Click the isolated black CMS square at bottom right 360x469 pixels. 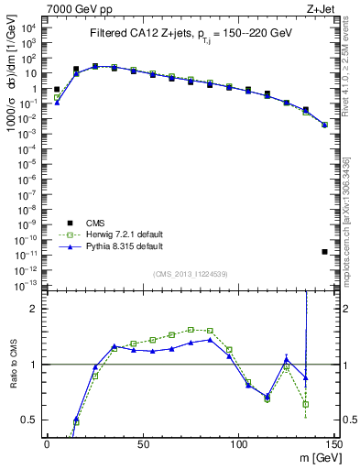coord(325,252)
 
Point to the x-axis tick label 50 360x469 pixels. coord(142,444)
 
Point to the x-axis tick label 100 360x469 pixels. coord(238,444)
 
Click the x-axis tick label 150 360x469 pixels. coord(333,444)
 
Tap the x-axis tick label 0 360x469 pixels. coord(47,444)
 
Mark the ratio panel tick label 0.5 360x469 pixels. coord(30,420)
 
